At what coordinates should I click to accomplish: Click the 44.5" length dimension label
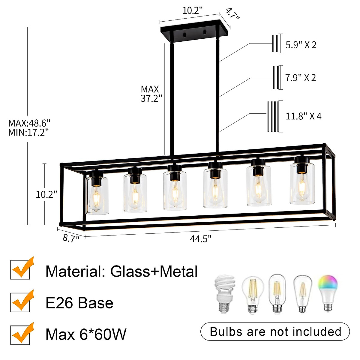click(200, 239)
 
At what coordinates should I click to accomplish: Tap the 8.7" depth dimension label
click(71, 238)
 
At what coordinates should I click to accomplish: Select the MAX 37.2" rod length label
click(151, 94)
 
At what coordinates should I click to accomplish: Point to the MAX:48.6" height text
click(29, 123)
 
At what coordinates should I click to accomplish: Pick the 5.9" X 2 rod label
click(301, 45)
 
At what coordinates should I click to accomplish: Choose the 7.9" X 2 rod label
click(301, 78)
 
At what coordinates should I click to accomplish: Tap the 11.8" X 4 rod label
click(303, 116)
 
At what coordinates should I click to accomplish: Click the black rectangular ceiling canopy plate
click(195, 32)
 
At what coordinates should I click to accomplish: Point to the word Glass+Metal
click(154, 271)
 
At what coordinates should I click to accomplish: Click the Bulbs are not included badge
click(275, 331)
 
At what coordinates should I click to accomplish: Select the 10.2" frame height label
click(46, 194)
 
